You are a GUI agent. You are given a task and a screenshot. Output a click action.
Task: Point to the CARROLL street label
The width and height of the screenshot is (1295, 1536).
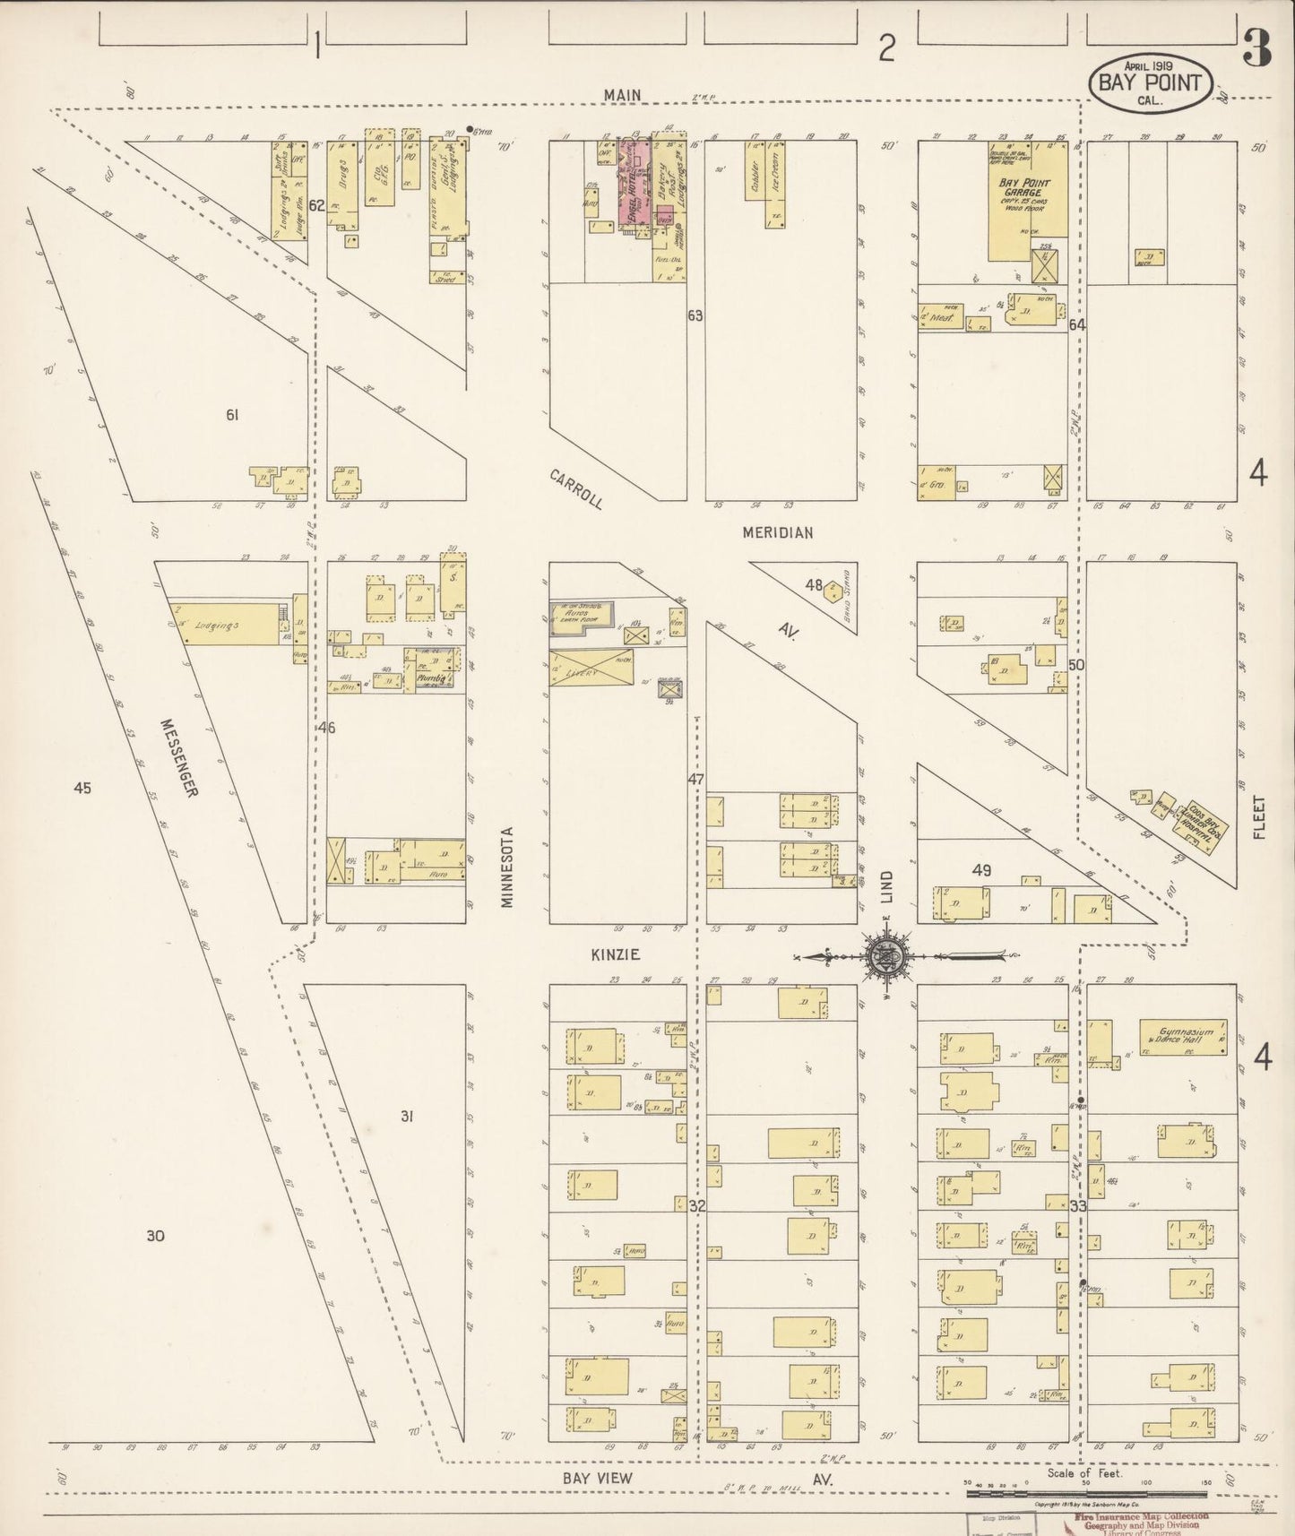tap(576, 488)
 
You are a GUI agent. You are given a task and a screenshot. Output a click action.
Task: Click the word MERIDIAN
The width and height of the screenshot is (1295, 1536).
tap(777, 532)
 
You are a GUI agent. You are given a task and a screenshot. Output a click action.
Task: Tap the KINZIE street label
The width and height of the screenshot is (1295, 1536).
tap(616, 955)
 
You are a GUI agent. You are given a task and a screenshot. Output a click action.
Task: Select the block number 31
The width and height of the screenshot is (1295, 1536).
tap(407, 1116)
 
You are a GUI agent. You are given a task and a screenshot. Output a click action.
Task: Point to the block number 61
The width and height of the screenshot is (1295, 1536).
tap(233, 415)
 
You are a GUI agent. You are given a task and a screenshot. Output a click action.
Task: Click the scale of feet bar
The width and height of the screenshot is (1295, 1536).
tap(1086, 1494)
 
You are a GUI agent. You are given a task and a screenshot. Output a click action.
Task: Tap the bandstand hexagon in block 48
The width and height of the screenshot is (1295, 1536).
tap(833, 589)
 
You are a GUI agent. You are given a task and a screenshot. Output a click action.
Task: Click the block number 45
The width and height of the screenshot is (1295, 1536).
tap(82, 789)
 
